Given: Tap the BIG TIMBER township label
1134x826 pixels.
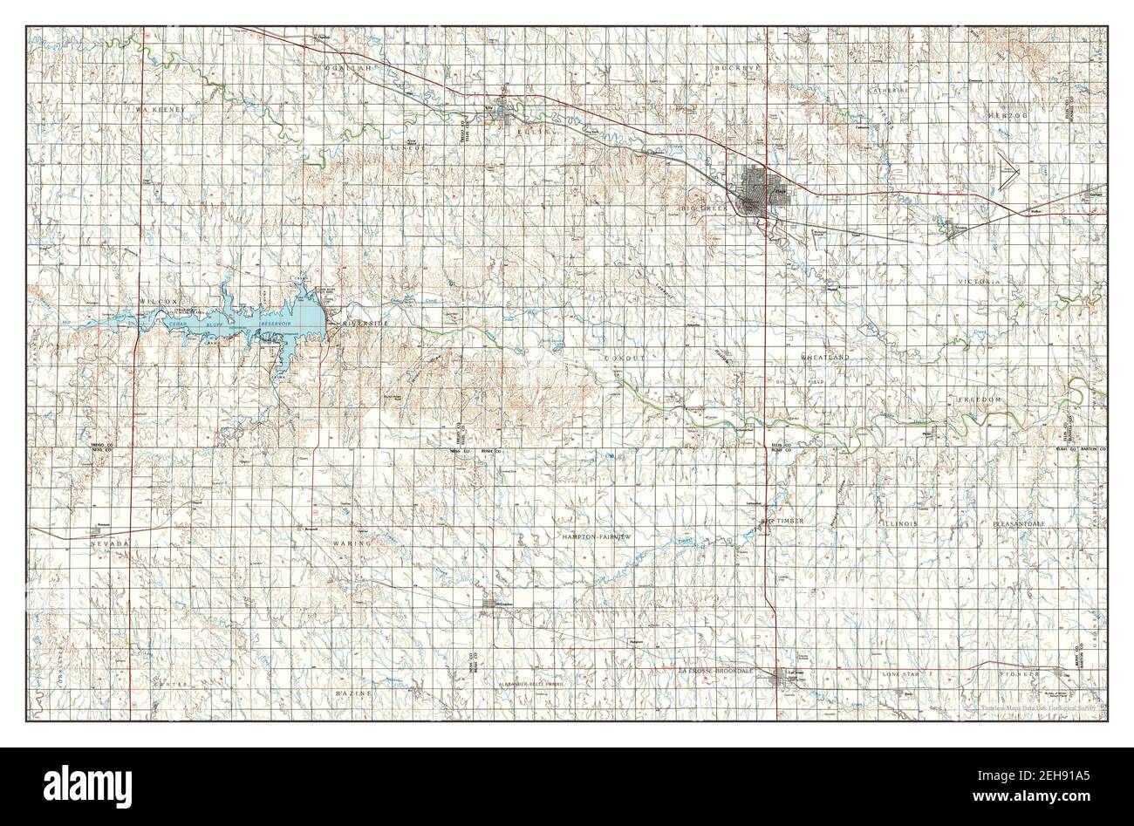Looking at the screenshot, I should pyautogui.click(x=782, y=521).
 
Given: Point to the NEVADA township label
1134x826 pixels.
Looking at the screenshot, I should pyautogui.click(x=110, y=543).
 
